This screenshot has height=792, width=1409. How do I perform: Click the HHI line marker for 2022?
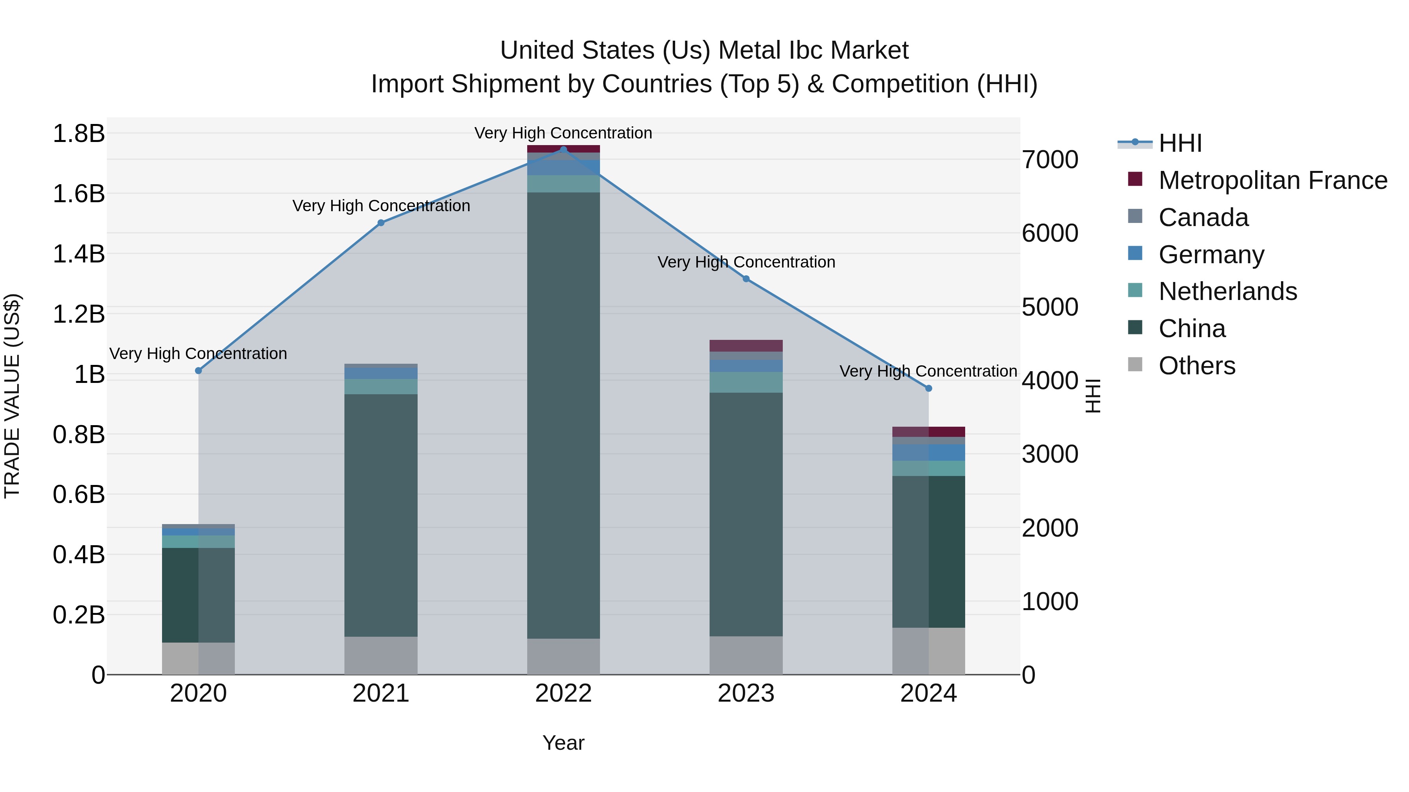tap(563, 150)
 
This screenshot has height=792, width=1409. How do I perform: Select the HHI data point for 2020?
tap(198, 371)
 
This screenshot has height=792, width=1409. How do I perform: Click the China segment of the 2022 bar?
tap(563, 415)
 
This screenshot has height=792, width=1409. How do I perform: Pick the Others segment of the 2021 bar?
tap(381, 656)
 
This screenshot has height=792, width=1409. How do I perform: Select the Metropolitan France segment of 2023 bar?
tap(746, 345)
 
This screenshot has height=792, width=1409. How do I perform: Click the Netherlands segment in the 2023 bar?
tap(746, 382)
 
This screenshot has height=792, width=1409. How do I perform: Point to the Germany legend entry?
tap(1211, 255)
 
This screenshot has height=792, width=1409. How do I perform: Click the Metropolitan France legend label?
tap(1273, 180)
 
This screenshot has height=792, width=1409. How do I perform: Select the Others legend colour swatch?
tap(1135, 365)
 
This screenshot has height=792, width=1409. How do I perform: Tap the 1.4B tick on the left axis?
tap(79, 254)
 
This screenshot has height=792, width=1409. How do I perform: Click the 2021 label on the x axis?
tap(381, 693)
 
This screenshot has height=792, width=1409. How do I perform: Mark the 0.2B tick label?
tap(79, 615)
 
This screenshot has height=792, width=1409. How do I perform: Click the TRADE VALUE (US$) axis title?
tap(13, 396)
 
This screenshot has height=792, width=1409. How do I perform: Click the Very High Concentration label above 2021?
tap(381, 206)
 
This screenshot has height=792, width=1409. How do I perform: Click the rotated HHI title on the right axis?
tap(1092, 396)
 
